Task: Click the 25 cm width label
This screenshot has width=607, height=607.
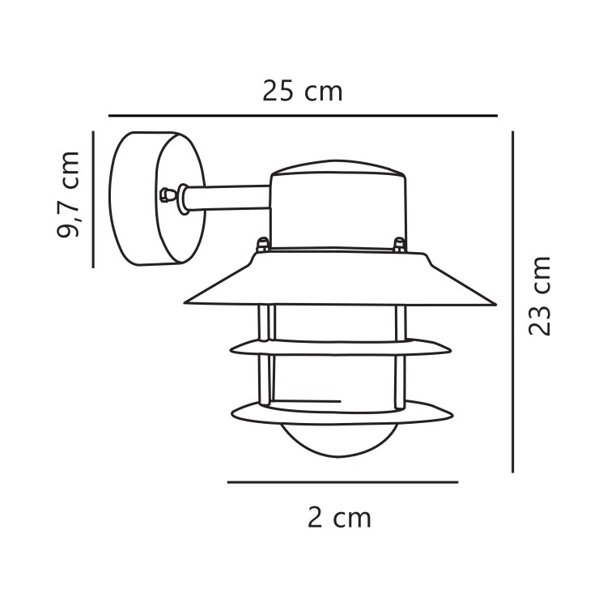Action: [303, 91]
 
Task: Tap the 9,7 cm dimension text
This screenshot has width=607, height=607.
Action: [69, 194]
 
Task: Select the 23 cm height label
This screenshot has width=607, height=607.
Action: [539, 296]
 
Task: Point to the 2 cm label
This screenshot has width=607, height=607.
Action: [339, 517]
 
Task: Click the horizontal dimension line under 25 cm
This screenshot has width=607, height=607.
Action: [303, 115]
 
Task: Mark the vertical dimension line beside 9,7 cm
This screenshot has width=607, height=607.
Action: [93, 199]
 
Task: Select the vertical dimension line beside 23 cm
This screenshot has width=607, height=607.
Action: [512, 301]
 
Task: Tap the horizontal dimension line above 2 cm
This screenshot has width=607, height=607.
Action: [342, 482]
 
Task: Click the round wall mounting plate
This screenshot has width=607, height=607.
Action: [146, 199]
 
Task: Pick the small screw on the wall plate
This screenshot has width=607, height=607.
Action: [166, 194]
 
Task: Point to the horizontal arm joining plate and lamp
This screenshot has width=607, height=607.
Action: [235, 197]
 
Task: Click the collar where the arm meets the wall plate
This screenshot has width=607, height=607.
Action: [185, 199]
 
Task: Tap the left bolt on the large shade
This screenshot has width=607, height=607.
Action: [262, 244]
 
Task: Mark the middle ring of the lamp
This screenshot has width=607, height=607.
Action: [340, 348]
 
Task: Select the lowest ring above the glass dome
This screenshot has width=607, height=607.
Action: [340, 414]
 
